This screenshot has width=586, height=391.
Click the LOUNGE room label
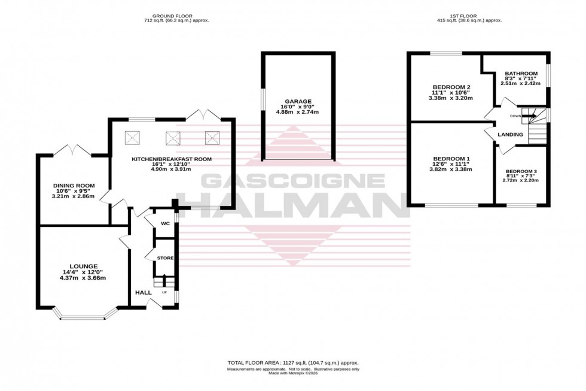(83, 266)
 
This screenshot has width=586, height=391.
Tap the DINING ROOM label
(73, 186)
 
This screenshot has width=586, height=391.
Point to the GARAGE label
(298, 101)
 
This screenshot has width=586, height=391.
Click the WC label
(166, 223)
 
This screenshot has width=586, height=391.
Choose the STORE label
(165, 258)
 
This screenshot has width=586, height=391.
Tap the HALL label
(143, 292)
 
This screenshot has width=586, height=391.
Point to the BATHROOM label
(521, 74)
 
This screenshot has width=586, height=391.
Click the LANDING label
(510, 135)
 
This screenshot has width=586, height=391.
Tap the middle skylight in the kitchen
(173, 137)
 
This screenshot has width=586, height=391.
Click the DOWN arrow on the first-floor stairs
(529, 117)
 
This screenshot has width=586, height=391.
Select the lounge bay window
(84, 316)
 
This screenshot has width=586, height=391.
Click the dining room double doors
(73, 150)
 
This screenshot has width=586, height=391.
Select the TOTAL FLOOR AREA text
(293, 363)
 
